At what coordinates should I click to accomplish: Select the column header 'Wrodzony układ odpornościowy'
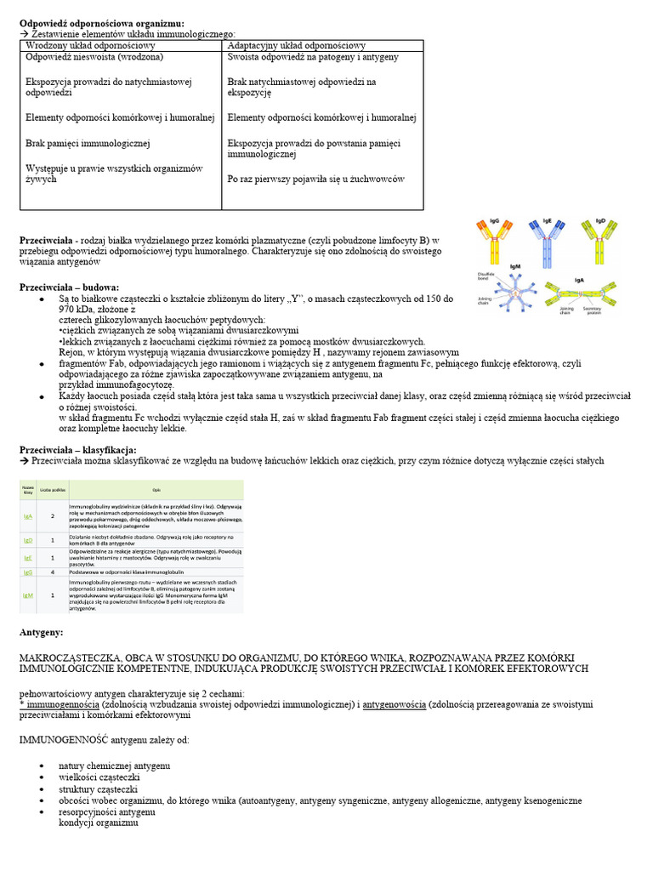[x=90, y=45]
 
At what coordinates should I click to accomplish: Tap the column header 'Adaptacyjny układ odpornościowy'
[x=297, y=45]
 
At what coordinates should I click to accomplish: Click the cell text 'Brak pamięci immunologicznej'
[x=88, y=144]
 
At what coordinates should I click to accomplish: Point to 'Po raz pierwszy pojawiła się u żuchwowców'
[x=316, y=179]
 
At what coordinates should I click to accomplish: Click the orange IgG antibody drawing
[x=498, y=241]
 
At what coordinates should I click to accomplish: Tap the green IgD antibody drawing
[x=599, y=241]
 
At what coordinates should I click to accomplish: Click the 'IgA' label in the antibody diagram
[x=580, y=279]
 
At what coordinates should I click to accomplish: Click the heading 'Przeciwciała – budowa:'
[x=70, y=287]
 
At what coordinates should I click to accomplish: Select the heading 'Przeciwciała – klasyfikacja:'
[x=77, y=449]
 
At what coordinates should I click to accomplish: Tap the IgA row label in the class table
[x=28, y=516]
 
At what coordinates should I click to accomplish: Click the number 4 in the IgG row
[x=53, y=572]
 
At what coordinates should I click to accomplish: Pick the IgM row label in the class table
[x=28, y=595]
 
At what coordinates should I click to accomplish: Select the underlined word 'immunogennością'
[x=60, y=704]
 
